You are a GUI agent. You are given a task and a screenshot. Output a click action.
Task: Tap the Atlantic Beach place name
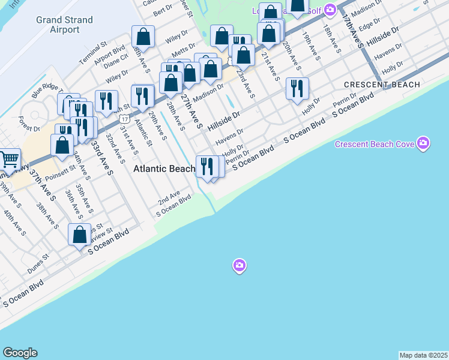pyautogui.click(x=163, y=169)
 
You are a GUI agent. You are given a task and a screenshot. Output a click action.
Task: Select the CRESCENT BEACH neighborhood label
pyautogui.click(x=382, y=85)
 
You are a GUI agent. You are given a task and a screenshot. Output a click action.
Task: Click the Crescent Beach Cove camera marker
pyautogui.click(x=424, y=143)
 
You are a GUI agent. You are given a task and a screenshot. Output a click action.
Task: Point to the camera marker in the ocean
pyautogui.click(x=240, y=265)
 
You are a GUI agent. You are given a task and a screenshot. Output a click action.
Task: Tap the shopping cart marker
pyautogui.click(x=9, y=160)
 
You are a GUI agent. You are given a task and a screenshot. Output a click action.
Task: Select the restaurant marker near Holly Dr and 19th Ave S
pyautogui.click(x=297, y=89)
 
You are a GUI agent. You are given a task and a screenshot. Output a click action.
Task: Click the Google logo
pyautogui.click(x=20, y=353)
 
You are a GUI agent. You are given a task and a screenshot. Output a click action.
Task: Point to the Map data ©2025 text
pyautogui.click(x=424, y=355)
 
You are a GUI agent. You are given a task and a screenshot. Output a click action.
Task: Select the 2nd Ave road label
pyautogui.click(x=169, y=196)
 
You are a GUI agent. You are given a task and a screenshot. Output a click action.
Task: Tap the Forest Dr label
pyautogui.click(x=29, y=124)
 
